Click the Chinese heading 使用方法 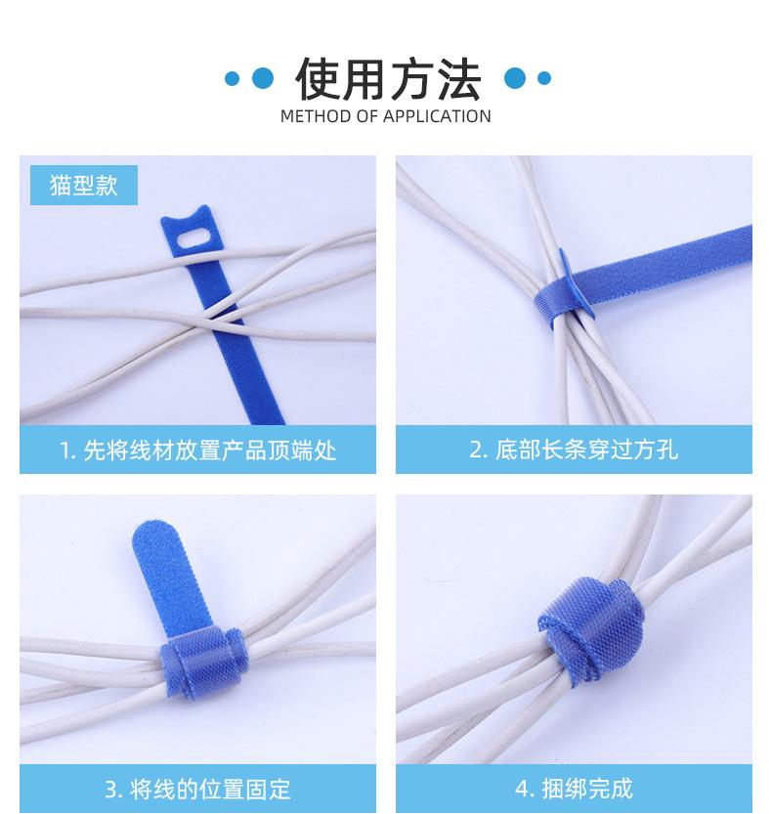click(x=387, y=78)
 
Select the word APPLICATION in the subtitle click(x=437, y=117)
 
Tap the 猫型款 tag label click(x=83, y=185)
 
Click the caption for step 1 click(x=197, y=450)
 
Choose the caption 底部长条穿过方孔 click(x=574, y=450)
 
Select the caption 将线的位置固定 click(x=197, y=789)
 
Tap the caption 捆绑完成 click(x=574, y=789)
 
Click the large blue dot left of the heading click(x=262, y=78)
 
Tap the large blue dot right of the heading click(x=514, y=78)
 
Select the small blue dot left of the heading click(x=233, y=78)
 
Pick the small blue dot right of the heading click(x=544, y=78)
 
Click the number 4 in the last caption click(x=520, y=789)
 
